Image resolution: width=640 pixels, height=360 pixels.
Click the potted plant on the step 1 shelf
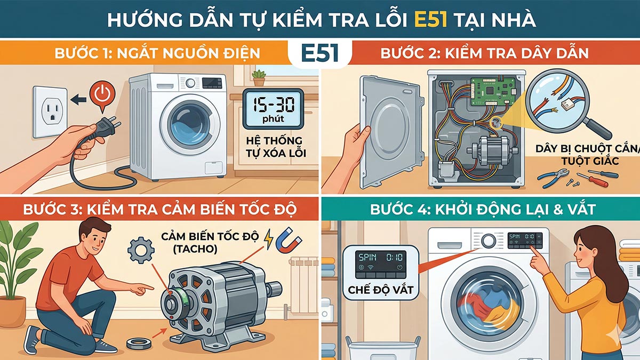coord(259,77)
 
